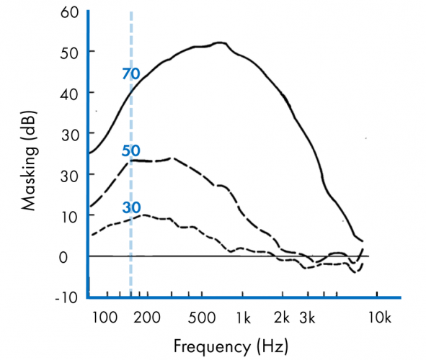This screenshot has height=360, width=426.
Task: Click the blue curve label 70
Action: point(130,73)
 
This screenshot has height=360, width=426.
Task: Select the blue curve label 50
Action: point(130,151)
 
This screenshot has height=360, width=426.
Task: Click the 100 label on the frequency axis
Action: point(105,318)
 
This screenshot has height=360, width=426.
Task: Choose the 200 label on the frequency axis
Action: point(146,318)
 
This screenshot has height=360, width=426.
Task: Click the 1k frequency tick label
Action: point(243,318)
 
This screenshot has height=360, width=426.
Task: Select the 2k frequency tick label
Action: point(282,318)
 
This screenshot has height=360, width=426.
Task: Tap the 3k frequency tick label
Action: point(308,318)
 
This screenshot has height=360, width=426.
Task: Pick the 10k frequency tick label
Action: point(379,318)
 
